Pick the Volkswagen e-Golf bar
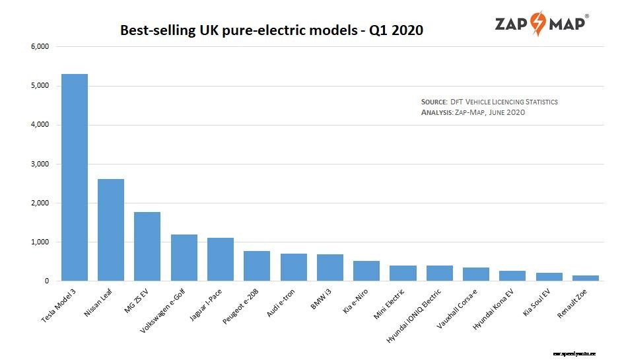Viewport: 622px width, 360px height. click(x=184, y=258)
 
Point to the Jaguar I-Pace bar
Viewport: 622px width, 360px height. click(x=221, y=260)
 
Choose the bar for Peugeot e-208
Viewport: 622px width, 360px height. click(x=257, y=266)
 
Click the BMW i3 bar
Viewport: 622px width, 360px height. click(x=330, y=268)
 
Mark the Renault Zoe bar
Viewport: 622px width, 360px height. click(x=585, y=278)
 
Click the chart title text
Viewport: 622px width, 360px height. click(x=271, y=30)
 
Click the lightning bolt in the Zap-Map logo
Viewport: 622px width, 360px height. click(x=539, y=23)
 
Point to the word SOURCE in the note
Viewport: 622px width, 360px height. click(x=434, y=102)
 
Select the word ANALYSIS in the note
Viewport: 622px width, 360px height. click(x=436, y=112)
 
